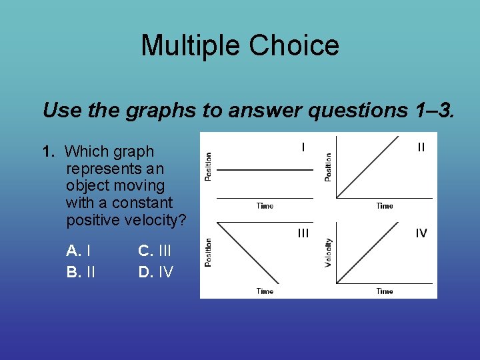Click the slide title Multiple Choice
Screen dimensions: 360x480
[x=240, y=46]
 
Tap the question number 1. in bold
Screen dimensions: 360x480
[x=49, y=152]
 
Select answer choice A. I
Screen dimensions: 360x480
[x=79, y=251]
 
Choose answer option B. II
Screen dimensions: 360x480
[x=81, y=271]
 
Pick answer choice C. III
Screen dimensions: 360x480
[x=155, y=251]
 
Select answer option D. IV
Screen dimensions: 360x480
[x=155, y=271]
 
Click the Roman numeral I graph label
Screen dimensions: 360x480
[x=303, y=147]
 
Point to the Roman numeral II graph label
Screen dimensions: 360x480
[x=421, y=147]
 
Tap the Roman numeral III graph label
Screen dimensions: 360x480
[x=303, y=233]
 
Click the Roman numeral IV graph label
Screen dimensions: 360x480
[x=421, y=233]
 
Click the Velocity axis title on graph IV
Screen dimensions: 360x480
[x=328, y=253]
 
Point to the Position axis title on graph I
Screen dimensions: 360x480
[x=209, y=167]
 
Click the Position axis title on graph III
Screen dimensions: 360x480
[x=209, y=253]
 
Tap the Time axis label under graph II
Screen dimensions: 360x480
[x=385, y=206]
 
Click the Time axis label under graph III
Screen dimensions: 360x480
[x=265, y=291]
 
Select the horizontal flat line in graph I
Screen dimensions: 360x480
[x=265, y=170]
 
